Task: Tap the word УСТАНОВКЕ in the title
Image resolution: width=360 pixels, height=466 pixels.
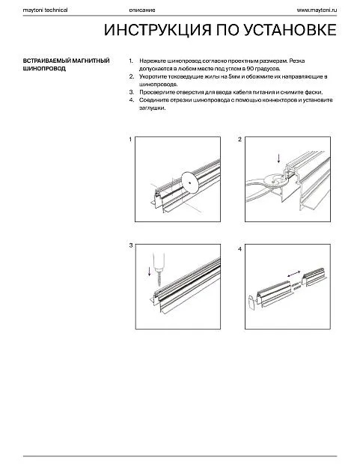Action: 290,30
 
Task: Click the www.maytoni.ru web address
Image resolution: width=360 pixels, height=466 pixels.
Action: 317,10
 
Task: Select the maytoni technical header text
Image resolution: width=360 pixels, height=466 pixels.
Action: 45,10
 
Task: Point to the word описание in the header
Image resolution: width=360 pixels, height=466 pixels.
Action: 142,10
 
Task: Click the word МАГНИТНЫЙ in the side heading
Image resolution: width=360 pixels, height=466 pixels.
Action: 91,61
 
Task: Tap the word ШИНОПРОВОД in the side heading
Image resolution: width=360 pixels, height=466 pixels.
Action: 44,69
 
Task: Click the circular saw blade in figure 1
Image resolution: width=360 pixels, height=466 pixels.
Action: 189,183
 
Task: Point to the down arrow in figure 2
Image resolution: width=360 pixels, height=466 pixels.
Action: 278,158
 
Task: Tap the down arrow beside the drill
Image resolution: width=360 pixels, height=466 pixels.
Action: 149,271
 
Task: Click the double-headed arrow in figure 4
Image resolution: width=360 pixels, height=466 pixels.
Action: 294,274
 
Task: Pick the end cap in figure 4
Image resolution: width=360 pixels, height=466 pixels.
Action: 251,303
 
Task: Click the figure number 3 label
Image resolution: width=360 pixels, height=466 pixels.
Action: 131,245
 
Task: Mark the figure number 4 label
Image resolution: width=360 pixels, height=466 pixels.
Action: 240,249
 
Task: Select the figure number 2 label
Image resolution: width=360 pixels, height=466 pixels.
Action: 240,139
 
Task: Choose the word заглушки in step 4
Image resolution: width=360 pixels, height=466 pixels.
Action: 153,108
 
